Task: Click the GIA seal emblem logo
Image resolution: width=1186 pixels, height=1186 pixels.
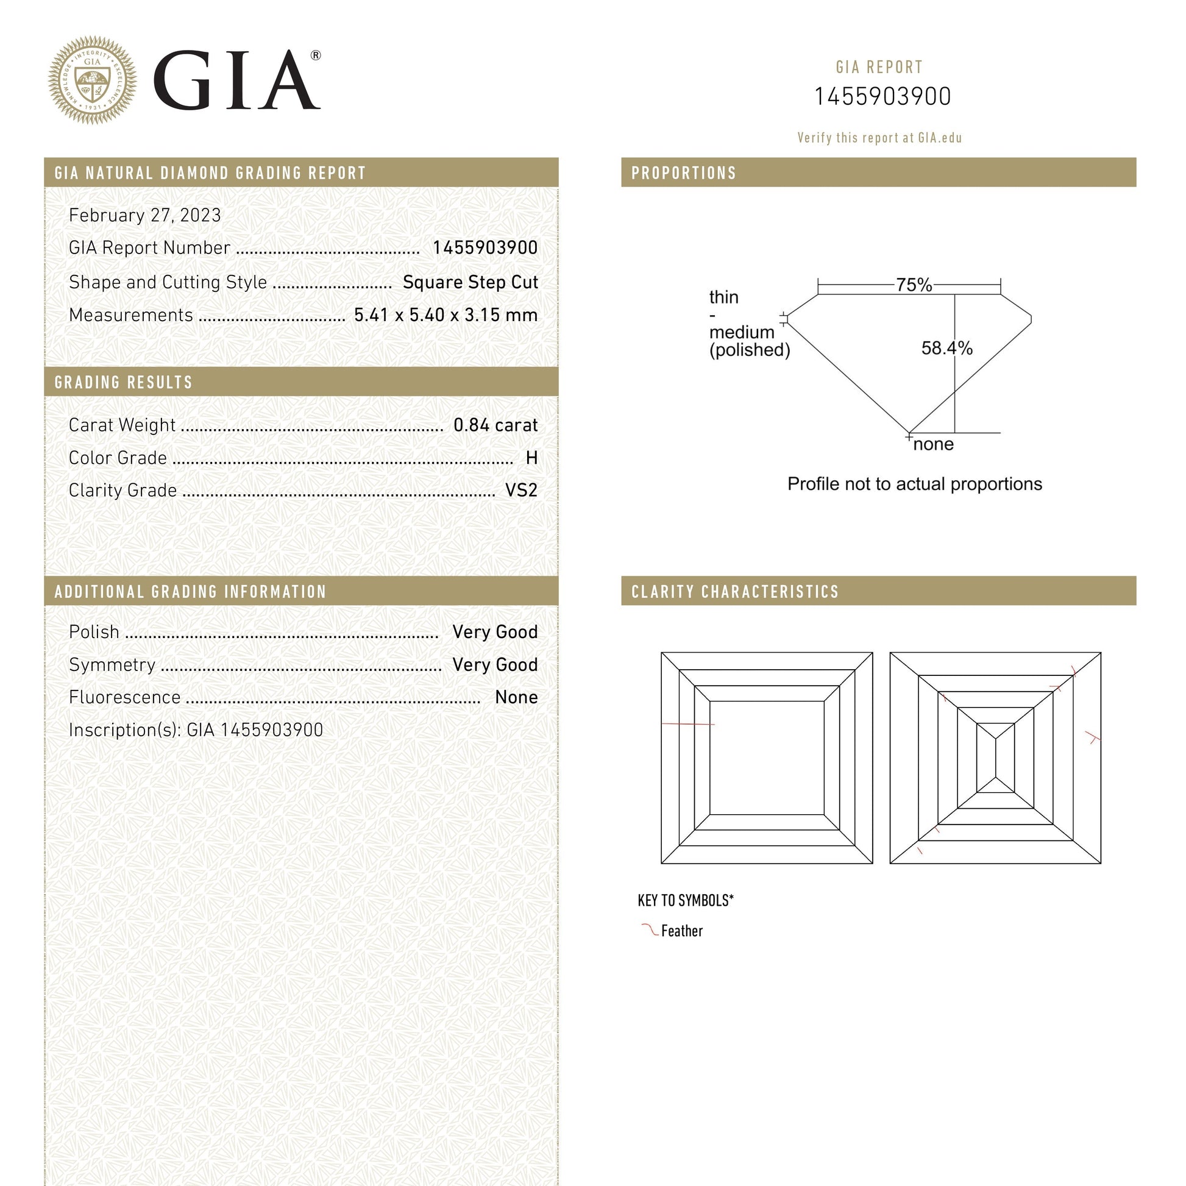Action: coord(92,80)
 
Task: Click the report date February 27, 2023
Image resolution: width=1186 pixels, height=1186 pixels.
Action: coord(145,216)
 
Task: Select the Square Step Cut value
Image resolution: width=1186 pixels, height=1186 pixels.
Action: coord(470,282)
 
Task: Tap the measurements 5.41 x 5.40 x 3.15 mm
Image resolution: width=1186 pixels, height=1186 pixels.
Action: coord(446,315)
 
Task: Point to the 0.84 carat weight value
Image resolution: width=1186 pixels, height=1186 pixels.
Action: coord(495,425)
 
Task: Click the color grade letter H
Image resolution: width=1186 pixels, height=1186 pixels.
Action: coord(531,458)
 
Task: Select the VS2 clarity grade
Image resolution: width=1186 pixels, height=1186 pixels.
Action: coord(521,491)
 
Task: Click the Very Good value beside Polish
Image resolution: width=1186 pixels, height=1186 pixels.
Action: coord(495,632)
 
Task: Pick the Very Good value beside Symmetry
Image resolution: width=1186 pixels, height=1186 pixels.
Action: coord(495,665)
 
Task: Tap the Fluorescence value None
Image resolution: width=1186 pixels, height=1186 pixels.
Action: coord(516,697)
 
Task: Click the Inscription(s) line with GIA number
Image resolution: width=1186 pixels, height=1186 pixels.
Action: coord(196,730)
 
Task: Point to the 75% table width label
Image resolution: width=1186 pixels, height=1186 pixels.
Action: coord(914,285)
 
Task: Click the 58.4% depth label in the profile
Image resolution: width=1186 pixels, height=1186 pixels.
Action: coord(946,348)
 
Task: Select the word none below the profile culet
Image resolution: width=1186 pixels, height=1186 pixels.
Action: coord(933,444)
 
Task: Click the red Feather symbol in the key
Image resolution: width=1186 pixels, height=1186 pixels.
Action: coord(649,930)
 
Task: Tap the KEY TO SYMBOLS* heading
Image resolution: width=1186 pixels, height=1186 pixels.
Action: coord(686,901)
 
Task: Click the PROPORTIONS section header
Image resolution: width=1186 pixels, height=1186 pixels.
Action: coord(684,173)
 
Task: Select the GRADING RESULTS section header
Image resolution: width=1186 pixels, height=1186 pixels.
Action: coord(123,383)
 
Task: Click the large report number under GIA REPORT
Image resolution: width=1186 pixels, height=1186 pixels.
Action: coord(882,97)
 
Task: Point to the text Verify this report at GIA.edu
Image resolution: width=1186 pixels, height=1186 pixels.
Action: coord(879,138)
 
